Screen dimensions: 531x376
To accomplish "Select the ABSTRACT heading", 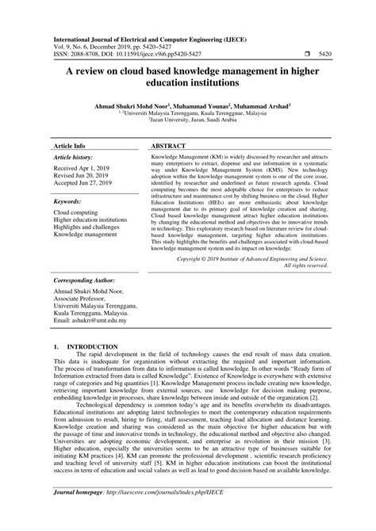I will pyautogui.click(x=167, y=125).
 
